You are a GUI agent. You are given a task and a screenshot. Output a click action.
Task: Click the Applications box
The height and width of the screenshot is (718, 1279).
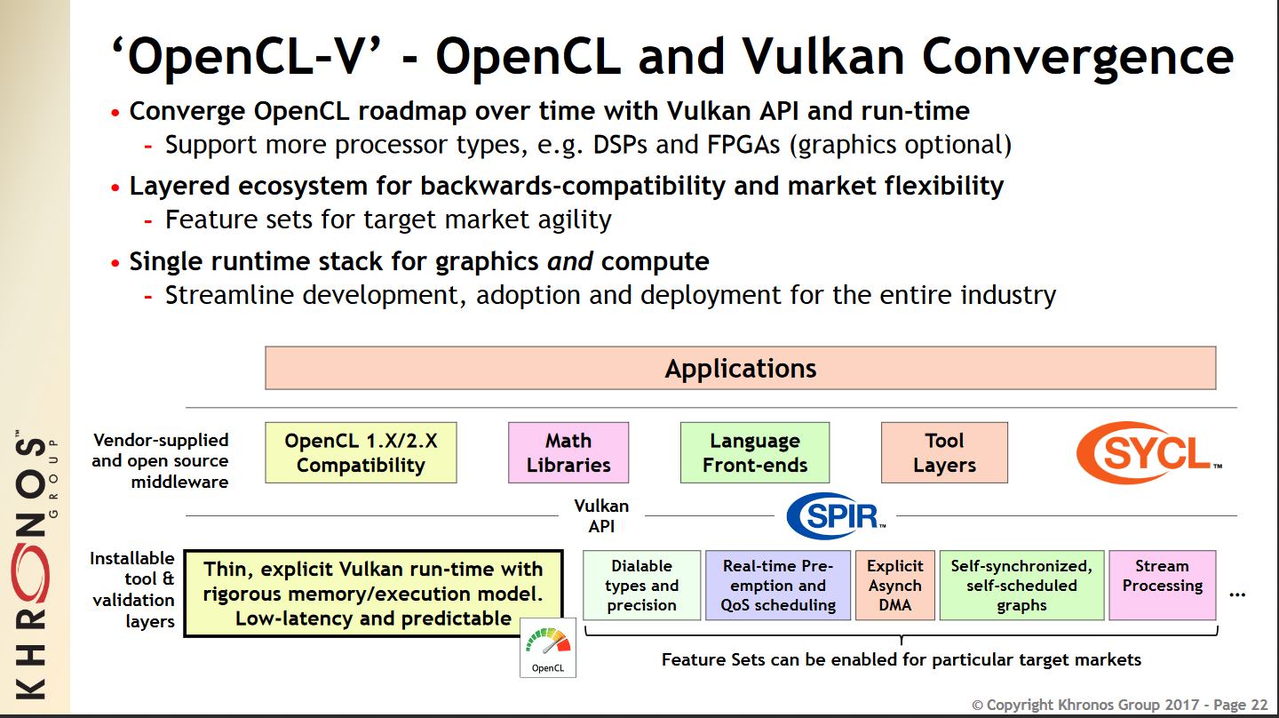(740, 368)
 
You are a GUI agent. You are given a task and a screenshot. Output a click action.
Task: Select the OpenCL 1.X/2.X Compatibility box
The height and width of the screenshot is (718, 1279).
(361, 452)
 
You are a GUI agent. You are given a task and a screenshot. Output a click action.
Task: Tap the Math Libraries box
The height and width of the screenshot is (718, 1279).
(568, 452)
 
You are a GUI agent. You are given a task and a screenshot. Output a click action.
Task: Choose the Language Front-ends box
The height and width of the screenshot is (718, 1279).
(755, 452)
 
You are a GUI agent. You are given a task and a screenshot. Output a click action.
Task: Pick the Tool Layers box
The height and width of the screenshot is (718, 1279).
(944, 452)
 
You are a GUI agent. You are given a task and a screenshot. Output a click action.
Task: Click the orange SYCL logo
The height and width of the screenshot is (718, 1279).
(1148, 452)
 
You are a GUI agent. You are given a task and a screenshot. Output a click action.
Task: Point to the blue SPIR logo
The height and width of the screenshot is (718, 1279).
(836, 515)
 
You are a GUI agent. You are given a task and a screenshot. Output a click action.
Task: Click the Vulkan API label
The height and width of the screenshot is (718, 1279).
(601, 515)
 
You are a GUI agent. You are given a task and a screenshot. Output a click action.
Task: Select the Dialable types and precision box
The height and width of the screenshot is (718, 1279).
(641, 586)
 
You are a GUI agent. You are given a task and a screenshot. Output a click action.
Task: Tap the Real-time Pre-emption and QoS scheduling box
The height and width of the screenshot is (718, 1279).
(778, 586)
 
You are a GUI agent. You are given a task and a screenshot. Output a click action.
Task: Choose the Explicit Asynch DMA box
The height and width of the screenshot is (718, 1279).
(894, 586)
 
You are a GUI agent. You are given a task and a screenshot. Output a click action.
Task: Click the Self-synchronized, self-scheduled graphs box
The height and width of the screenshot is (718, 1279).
(1021, 586)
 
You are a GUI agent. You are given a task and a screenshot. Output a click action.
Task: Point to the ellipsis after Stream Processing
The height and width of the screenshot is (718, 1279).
(1236, 593)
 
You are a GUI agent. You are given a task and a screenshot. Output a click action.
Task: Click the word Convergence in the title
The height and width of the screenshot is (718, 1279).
(1076, 58)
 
